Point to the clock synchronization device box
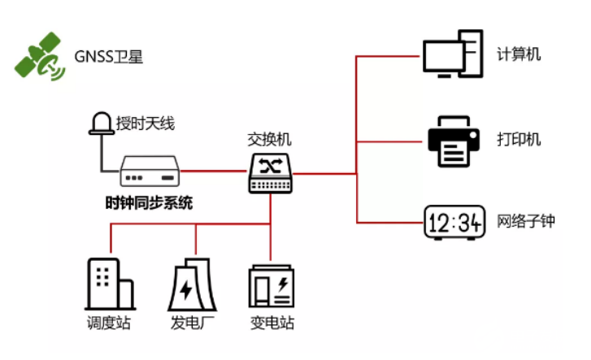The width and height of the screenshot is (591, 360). (150, 172)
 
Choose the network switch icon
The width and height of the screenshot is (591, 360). (270, 172)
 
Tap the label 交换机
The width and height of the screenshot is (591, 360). (268, 139)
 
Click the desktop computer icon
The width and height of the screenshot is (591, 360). (451, 54)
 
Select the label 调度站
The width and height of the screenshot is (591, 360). (109, 323)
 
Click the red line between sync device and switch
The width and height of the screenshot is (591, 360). (214, 171)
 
